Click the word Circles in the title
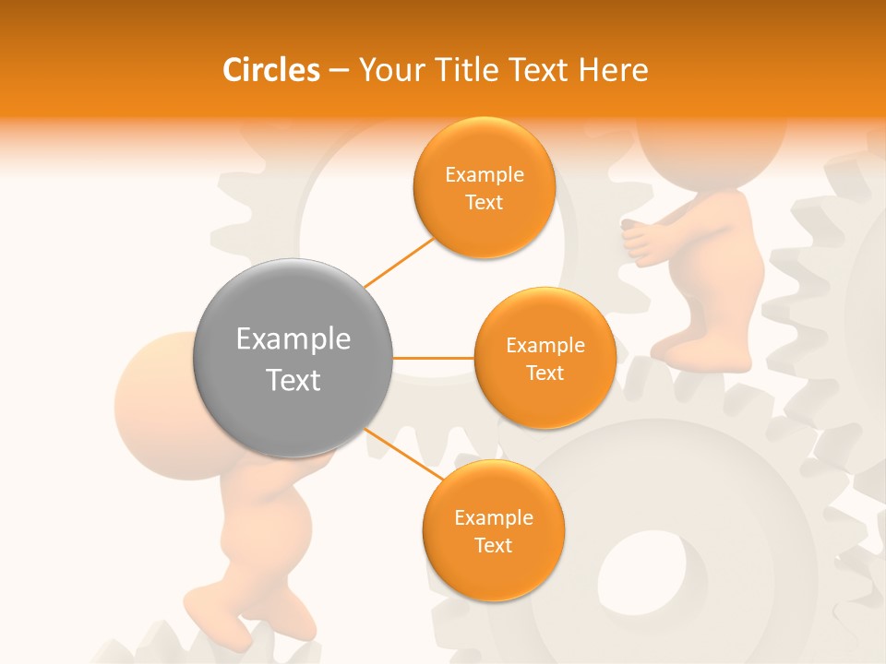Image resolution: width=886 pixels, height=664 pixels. [x=270, y=70]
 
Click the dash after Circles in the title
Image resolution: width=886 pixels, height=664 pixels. [x=339, y=71]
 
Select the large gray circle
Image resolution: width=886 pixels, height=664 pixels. [x=293, y=358]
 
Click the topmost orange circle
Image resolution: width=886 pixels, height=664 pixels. [x=484, y=188]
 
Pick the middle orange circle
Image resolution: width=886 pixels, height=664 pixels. [x=545, y=358]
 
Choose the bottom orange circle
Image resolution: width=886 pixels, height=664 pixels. [x=493, y=530]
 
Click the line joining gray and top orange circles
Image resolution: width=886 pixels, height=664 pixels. [x=400, y=262]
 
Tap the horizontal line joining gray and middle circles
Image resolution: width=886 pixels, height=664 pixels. [x=433, y=358]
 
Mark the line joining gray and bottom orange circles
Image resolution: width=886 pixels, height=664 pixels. [x=403, y=454]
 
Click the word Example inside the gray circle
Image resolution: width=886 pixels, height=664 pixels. [x=293, y=339]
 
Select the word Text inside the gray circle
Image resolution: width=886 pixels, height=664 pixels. [x=293, y=380]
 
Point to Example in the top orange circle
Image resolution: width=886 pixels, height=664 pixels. [x=484, y=175]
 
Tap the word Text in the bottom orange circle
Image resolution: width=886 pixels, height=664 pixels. [x=493, y=545]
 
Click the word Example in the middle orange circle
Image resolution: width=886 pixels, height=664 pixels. [x=545, y=346]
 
